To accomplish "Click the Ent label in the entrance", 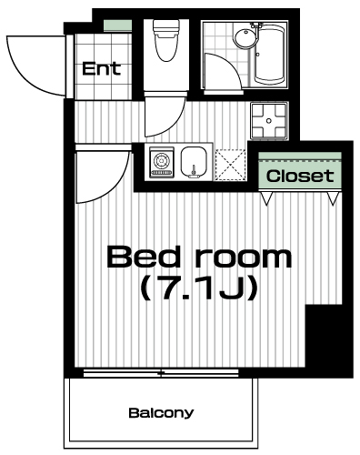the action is point(102,69).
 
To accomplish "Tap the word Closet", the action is point(300,176).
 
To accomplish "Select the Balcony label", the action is point(161,413).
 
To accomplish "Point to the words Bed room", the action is point(199,258).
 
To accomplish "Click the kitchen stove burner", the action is point(162,160).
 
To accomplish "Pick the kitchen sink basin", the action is point(194,162).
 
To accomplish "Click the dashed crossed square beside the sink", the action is point(230,165).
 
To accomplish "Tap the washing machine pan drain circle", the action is point(268,121).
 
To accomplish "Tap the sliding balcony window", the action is point(161,373).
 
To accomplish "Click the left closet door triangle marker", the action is point(266,198).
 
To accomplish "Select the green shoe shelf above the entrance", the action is point(118,25).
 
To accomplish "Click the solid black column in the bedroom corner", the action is point(328,339).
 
